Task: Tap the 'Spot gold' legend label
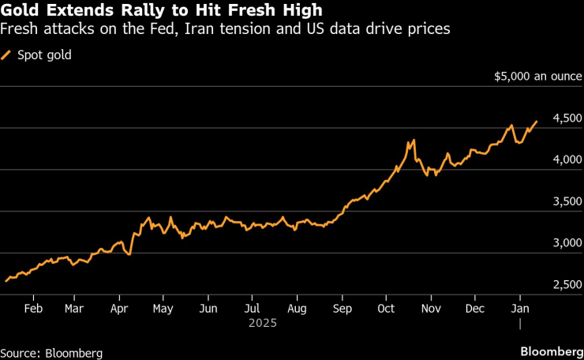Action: [44, 55]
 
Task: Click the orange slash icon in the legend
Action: [8, 55]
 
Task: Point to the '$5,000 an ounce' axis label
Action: [538, 77]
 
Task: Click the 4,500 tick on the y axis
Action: [567, 118]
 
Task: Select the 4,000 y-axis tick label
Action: [567, 160]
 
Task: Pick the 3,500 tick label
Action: [567, 202]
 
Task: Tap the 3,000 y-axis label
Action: [567, 243]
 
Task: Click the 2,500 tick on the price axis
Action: [567, 285]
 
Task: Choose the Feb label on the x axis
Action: [33, 309]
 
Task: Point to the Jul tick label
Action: [252, 309]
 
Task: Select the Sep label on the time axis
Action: [343, 309]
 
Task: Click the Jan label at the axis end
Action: [520, 309]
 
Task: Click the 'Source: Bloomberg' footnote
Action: [51, 352]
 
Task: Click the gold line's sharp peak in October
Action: [413, 141]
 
